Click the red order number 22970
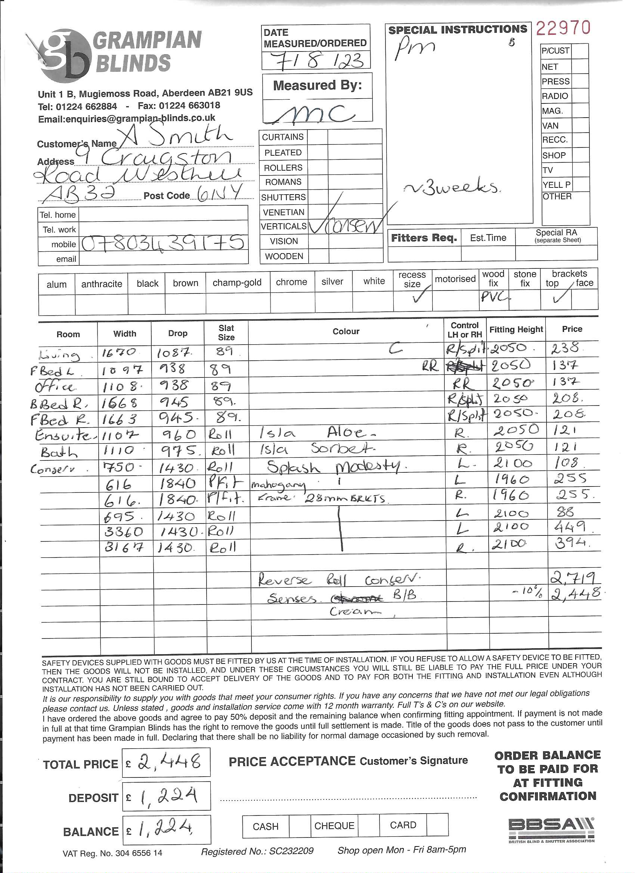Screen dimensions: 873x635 tap(563, 28)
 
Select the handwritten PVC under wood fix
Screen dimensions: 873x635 tap(495, 297)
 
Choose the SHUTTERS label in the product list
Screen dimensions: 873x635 tap(284, 198)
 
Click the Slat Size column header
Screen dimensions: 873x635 tap(226, 333)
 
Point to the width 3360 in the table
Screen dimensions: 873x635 tap(124, 532)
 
